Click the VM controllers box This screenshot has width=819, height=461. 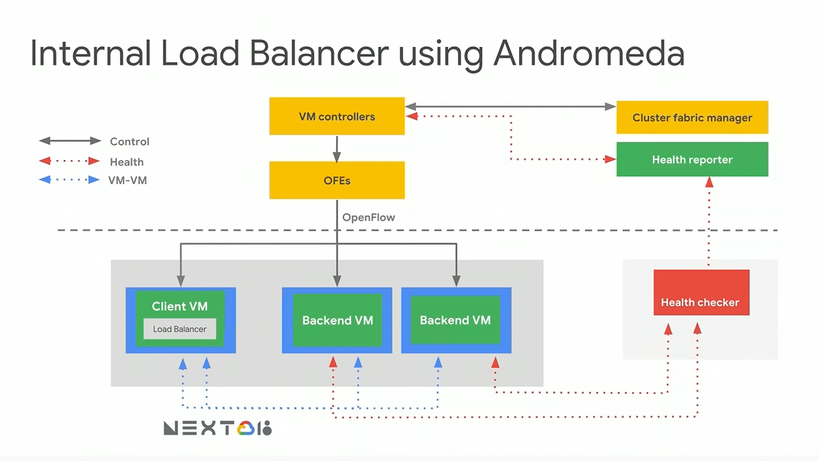tap(337, 116)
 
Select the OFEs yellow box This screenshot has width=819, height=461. tap(337, 180)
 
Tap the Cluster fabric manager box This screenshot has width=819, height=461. tap(692, 118)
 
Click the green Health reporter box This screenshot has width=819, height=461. tap(692, 159)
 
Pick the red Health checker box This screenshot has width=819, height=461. tap(701, 293)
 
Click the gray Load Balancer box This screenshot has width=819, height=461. tap(180, 329)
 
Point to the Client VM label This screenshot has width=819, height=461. tap(180, 306)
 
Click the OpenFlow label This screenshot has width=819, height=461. tap(368, 218)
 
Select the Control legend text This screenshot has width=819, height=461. tap(129, 141)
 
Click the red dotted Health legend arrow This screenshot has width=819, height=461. tap(70, 161)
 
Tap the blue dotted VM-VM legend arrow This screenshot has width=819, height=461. tap(70, 180)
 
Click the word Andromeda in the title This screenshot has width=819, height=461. tap(588, 54)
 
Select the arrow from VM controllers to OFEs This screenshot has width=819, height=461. tap(337, 148)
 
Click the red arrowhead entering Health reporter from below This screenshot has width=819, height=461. tap(709, 182)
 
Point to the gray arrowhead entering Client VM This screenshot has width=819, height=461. tap(180, 282)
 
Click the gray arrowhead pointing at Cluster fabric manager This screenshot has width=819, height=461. tap(610, 106)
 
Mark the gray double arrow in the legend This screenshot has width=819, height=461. tap(70, 141)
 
